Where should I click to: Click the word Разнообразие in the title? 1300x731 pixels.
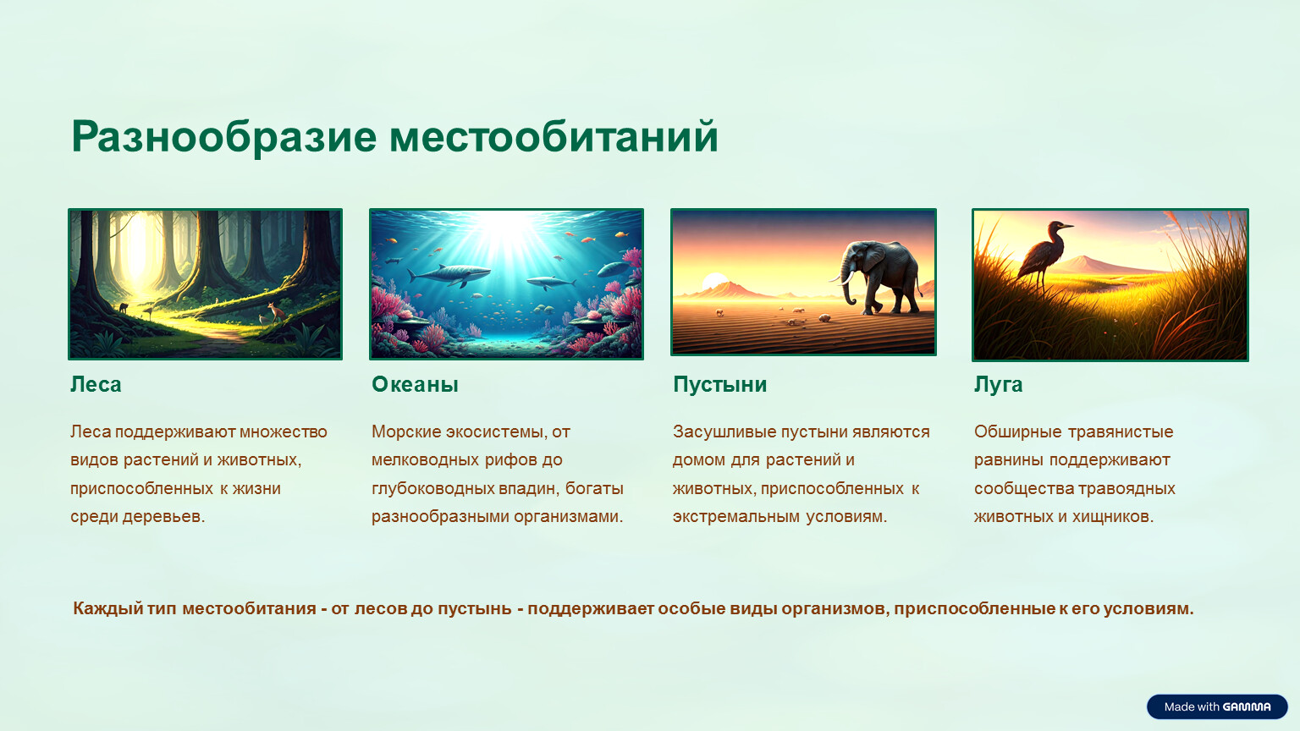point(224,138)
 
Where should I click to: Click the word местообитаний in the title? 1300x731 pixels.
point(554,137)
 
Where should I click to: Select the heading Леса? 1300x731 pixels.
point(96,385)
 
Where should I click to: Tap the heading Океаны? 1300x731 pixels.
point(415,385)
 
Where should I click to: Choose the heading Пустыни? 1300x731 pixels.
point(719,385)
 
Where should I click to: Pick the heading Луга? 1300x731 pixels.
point(998,385)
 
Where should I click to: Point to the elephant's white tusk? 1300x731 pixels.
point(845,279)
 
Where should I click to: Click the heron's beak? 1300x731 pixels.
point(1066,226)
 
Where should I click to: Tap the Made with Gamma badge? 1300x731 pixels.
point(1217,706)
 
